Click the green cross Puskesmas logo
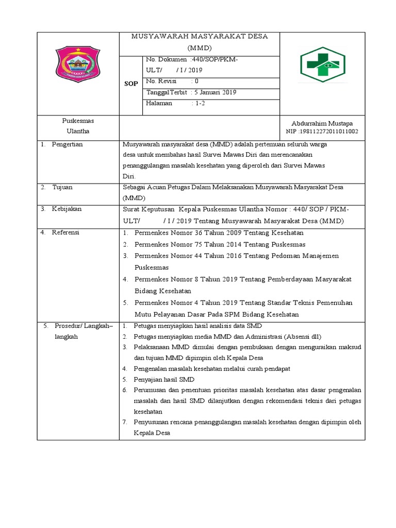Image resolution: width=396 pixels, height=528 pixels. tap(323, 65)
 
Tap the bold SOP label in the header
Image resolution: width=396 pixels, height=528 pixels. tap(131, 84)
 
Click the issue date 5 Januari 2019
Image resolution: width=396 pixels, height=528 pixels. tap(214, 92)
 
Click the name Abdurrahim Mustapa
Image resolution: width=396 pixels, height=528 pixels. tap(322, 123)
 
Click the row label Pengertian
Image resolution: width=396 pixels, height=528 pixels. tap(67, 144)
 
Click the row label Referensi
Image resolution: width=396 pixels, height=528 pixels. tap(65, 233)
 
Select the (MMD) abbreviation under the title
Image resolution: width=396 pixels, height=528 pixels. tap(199, 47)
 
